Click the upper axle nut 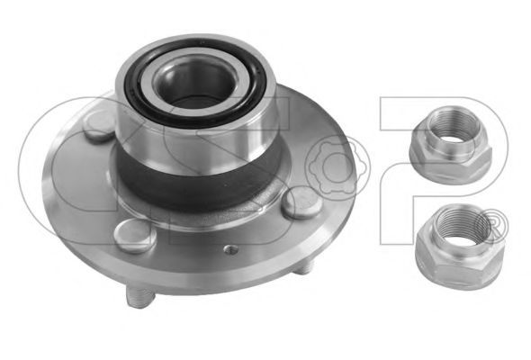[450, 144]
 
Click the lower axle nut [460, 247]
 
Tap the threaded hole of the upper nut [454, 129]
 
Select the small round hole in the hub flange [231, 249]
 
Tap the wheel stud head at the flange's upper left [100, 125]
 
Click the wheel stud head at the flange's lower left [135, 236]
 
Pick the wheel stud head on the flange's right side [302, 202]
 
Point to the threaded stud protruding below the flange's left [139, 296]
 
